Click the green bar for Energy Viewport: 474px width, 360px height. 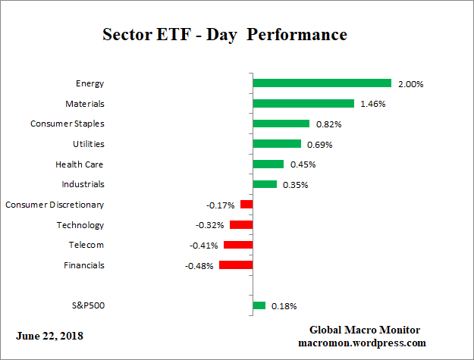click(322, 83)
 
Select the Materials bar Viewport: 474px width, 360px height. click(303, 103)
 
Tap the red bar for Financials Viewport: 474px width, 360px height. click(236, 265)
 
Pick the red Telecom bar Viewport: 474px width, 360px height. click(238, 245)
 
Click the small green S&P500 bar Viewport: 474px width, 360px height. click(259, 305)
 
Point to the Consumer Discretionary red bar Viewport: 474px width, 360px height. click(246, 205)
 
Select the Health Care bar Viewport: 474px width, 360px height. click(268, 164)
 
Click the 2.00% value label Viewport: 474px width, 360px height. click(410, 83)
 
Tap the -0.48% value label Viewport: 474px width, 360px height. click(200, 265)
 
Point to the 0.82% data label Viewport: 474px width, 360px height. click(328, 124)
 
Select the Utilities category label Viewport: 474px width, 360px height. click(89, 144)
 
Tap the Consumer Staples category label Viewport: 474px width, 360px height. click(67, 124)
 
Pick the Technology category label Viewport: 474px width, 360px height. click(80, 225)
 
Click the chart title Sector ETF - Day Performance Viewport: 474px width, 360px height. click(224, 35)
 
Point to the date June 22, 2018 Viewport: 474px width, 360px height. click(50, 335)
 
